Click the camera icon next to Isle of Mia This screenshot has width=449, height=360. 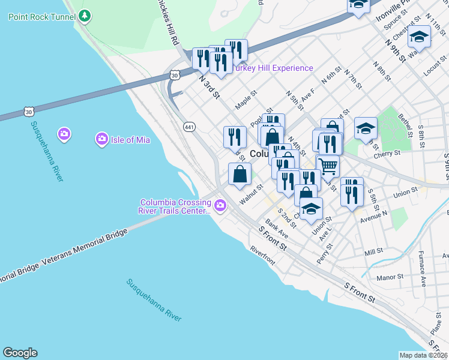[x=101, y=140]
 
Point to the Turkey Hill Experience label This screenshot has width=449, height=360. [x=273, y=68]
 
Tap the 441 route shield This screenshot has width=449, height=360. [x=190, y=127]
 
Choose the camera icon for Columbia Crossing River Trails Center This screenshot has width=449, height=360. [x=221, y=206]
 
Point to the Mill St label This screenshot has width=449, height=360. [x=373, y=252]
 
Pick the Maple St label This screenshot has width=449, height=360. [x=246, y=100]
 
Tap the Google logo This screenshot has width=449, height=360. [x=20, y=353]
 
